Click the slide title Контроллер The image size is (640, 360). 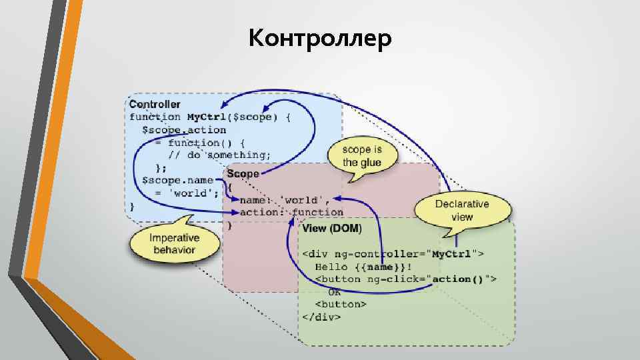[x=320, y=39]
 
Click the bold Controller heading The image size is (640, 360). [x=154, y=105]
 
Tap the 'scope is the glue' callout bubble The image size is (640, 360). [x=362, y=157]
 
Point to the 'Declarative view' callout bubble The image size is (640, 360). [x=462, y=210]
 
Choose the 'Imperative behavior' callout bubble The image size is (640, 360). [x=174, y=243]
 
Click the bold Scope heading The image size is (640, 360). [x=243, y=173]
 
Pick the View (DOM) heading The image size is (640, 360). [x=332, y=229]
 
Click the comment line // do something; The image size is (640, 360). [x=219, y=155]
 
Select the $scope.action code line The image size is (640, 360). [x=183, y=130]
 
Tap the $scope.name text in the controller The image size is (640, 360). [x=177, y=180]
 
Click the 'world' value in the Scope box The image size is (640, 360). [x=304, y=199]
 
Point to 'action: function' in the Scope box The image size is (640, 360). [x=291, y=212]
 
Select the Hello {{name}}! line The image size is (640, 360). [x=359, y=267]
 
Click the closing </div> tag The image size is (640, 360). [x=322, y=317]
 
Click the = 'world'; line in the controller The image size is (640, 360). [x=187, y=193]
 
